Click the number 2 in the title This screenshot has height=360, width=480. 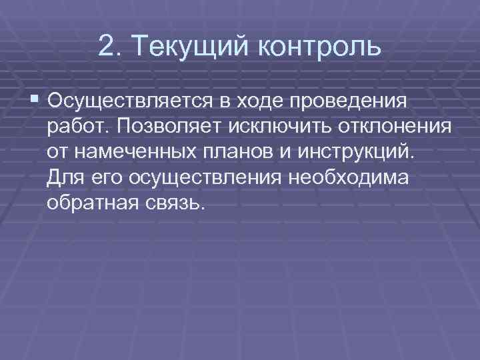[x=105, y=47]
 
